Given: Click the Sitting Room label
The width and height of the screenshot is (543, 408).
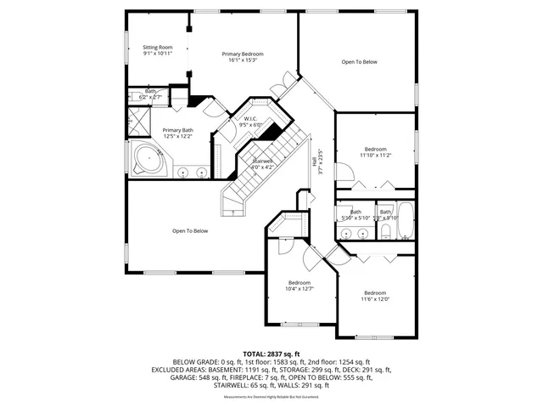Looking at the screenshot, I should click(158, 50).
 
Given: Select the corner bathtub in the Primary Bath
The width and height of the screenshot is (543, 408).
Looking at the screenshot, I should click(150, 159).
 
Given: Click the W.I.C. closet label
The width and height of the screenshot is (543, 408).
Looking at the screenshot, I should click(250, 122).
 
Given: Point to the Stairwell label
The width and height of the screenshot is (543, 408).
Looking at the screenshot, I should click(262, 162).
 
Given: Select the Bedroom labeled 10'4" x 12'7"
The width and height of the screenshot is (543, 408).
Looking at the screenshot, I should click(299, 286).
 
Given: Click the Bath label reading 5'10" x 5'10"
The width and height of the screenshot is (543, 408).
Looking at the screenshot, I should click(355, 215).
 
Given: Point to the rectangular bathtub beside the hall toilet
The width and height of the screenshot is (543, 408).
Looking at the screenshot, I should click(406, 221).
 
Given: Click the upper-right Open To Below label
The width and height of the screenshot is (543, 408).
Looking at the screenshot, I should click(359, 62).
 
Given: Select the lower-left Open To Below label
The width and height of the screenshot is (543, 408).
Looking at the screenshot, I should click(189, 230).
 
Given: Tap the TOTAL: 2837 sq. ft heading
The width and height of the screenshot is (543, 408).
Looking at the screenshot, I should click(271, 353).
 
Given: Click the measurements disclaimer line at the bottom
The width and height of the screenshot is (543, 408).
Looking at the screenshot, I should click(271, 397).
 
